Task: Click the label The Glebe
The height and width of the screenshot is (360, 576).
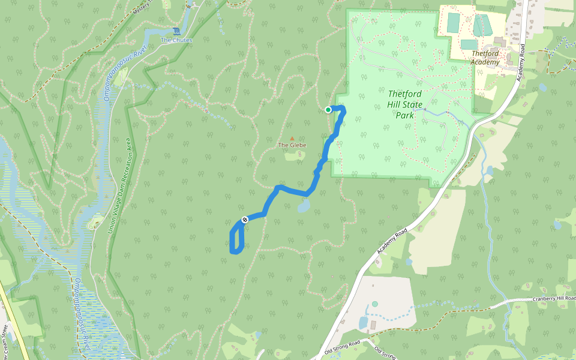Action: click(x=292, y=145)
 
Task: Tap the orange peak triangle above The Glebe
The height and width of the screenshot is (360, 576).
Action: click(x=292, y=138)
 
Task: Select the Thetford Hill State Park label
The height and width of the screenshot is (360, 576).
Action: click(x=404, y=104)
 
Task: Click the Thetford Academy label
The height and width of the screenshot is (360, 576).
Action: click(x=485, y=58)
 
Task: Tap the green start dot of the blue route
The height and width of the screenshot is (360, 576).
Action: click(x=328, y=110)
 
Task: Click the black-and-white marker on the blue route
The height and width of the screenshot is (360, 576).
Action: click(x=245, y=220)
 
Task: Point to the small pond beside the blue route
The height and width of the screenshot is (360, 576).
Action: click(x=304, y=207)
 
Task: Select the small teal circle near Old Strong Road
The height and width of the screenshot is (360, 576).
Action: click(x=375, y=304)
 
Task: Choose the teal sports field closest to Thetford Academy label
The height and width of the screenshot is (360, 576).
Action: click(x=469, y=44)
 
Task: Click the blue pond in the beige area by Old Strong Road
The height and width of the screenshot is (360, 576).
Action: click(x=363, y=323)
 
